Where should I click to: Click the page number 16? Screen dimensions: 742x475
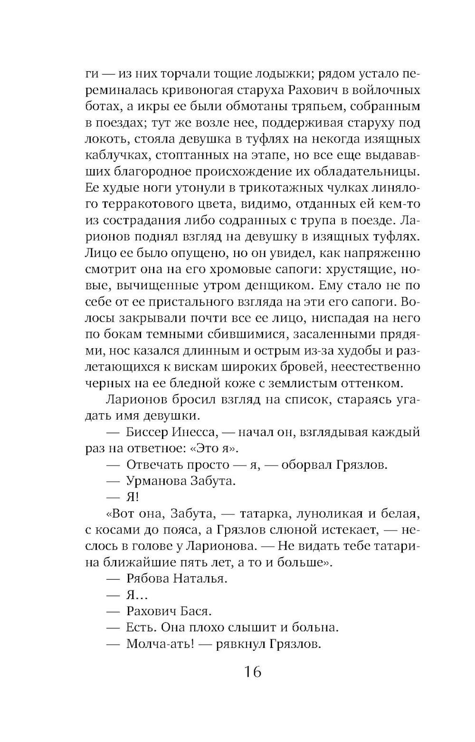pos(252,672)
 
